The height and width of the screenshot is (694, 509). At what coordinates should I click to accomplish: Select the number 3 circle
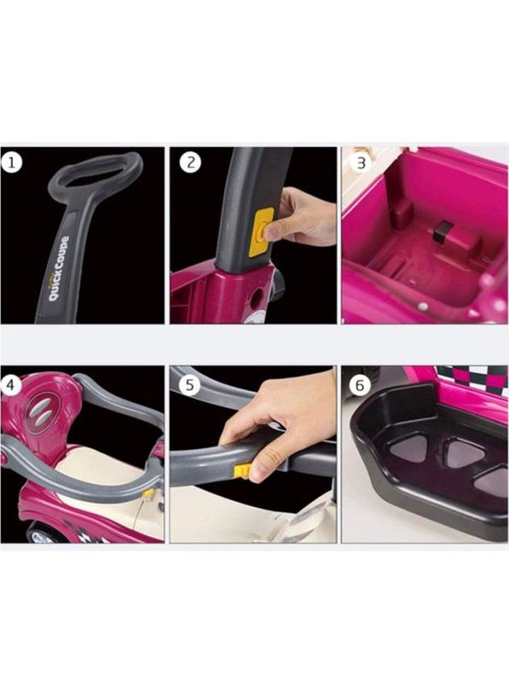[x=359, y=163]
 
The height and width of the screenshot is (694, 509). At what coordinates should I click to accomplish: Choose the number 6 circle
[x=359, y=384]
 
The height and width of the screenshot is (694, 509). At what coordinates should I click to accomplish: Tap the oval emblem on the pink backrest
[x=45, y=407]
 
